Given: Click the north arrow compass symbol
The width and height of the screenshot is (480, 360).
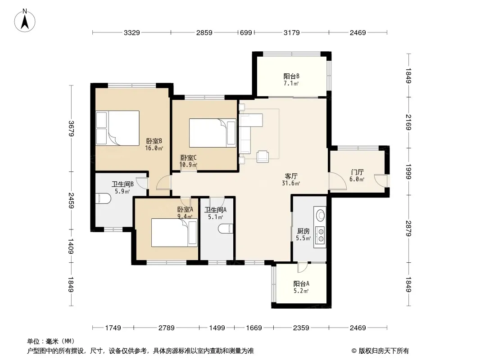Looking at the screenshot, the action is [x=25, y=20].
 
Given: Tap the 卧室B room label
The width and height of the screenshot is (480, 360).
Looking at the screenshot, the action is [x=154, y=141].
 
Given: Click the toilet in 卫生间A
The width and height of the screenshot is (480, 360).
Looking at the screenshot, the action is [x=226, y=229].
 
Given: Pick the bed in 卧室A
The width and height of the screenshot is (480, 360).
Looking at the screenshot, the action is [x=174, y=233].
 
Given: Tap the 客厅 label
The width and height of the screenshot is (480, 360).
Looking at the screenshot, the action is [x=291, y=176].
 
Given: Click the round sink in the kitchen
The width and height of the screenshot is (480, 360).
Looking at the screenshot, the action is [x=320, y=215].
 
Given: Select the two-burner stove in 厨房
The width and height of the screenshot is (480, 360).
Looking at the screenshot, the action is [x=320, y=235].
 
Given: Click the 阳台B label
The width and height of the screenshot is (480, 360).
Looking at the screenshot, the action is [x=291, y=76].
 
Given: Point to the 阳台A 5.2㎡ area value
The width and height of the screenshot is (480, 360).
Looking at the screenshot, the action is [x=301, y=291].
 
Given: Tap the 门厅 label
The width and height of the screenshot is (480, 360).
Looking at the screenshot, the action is [x=357, y=172].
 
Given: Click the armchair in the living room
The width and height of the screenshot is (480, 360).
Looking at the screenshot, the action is [x=263, y=156].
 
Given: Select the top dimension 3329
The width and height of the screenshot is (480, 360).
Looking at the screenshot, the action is [x=131, y=32].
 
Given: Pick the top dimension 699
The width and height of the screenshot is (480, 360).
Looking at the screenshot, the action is [x=246, y=32].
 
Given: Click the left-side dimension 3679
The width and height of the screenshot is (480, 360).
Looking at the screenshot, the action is [x=71, y=128].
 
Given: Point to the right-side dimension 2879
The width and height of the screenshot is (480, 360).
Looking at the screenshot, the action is [x=408, y=228].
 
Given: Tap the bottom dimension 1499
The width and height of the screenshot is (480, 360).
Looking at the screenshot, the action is [x=217, y=328].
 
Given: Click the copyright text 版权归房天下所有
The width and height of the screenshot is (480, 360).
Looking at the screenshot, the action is [x=384, y=351].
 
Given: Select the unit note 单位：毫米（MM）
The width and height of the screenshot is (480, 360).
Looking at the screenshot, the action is [x=51, y=342].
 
